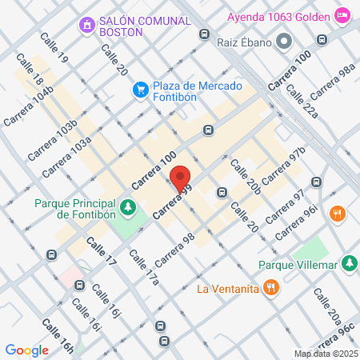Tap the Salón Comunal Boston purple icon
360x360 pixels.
86,26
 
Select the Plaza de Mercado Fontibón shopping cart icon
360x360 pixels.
141,89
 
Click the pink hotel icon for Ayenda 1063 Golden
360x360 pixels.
342,14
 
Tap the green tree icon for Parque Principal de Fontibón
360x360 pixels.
126,209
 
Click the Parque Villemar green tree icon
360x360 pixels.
349,262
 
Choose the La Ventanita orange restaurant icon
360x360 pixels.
272,288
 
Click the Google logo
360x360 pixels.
27,350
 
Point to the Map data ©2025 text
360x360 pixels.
325,354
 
